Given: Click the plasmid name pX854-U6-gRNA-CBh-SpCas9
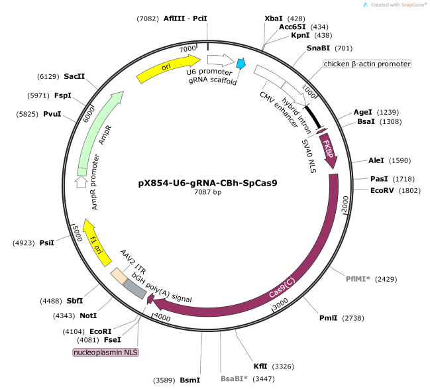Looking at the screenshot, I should pos(207,182).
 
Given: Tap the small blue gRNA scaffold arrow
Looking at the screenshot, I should pos(242,64).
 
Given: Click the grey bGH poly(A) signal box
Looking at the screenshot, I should pos(135,287).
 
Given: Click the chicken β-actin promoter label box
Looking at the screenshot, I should pos(367,64).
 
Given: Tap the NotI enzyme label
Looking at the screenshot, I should pos(88,315).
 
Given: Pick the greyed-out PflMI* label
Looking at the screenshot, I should pos(358,279).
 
